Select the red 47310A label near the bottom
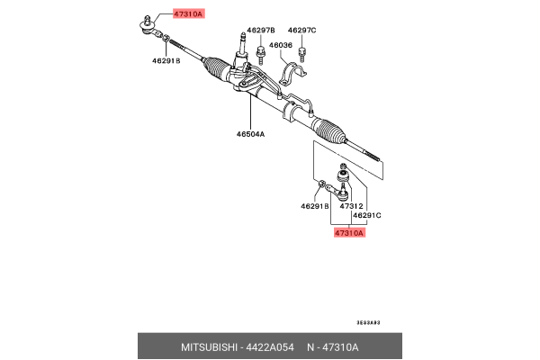347,233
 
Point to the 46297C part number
301,30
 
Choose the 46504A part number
250,134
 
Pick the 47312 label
351,206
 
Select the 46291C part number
367,216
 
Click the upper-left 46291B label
166,62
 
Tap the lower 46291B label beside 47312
316,206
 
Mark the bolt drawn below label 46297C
304,52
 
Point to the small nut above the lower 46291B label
320,187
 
